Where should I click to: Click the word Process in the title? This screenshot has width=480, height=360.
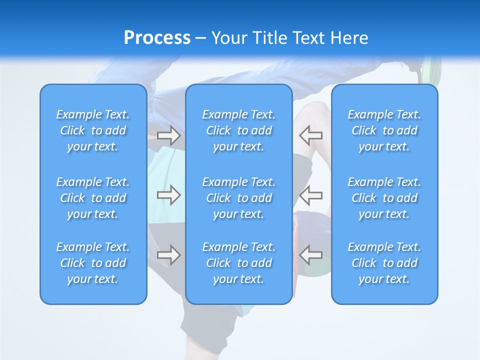pos(157,38)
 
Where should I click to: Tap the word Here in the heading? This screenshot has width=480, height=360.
pos(349,38)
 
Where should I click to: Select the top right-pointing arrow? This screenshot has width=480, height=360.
pos(168,135)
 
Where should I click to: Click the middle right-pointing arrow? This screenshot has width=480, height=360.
pos(168,195)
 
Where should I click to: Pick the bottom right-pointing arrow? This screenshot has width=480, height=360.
pos(168,255)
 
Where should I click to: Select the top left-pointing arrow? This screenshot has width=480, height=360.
pos(311,135)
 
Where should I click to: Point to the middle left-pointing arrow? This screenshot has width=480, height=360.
pos(311,195)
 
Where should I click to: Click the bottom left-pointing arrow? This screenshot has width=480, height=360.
pos(311,255)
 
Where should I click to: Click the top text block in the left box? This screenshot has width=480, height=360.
pos(93,130)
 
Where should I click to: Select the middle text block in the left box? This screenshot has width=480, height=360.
pos(93,198)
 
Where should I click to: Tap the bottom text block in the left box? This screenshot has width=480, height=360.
pos(93,263)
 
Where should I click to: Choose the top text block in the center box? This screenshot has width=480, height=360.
pos(238,130)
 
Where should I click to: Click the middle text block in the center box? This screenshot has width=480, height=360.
pos(238,198)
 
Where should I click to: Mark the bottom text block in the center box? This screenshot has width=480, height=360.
pos(238,263)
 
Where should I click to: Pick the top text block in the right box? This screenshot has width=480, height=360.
pos(384,130)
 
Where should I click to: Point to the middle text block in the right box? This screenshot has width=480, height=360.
pos(384,198)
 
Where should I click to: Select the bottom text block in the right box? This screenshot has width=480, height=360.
pos(384,263)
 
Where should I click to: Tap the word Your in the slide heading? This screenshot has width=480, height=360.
pos(229,38)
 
